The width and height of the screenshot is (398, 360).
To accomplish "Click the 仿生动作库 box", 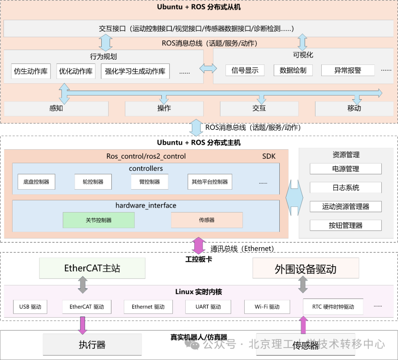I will click(x=31, y=71).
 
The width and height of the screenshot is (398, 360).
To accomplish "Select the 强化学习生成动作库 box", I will click(x=135, y=71).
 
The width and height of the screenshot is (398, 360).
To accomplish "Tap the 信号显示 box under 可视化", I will click(x=245, y=70).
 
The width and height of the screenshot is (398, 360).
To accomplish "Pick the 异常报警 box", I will click(x=348, y=70).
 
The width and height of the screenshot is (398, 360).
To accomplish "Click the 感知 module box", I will click(x=56, y=108).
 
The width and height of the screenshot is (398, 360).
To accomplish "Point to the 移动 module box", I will click(x=354, y=108).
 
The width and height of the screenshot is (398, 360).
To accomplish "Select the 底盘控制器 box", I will click(x=36, y=182).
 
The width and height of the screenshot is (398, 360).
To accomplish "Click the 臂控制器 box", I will click(x=150, y=182).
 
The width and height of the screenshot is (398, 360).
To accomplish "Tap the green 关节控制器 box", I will click(x=98, y=220).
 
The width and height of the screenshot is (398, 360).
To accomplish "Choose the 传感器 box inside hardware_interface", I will click(x=207, y=220).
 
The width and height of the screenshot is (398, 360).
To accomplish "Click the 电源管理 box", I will click(x=346, y=169).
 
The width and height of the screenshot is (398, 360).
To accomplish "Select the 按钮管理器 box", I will click(x=346, y=225).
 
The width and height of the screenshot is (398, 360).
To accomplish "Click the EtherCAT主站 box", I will click(x=92, y=268).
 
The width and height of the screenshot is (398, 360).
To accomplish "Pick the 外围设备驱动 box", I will click(x=306, y=269).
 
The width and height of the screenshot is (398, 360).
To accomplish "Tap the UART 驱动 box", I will click(x=208, y=307).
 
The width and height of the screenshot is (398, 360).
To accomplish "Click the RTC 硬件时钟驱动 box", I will click(x=333, y=307).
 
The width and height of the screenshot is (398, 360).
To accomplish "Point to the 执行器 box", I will click(x=92, y=345).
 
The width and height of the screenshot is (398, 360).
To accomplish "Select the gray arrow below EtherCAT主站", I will click(x=83, y=285).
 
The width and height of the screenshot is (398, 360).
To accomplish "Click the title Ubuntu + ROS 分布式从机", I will click(x=199, y=7).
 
